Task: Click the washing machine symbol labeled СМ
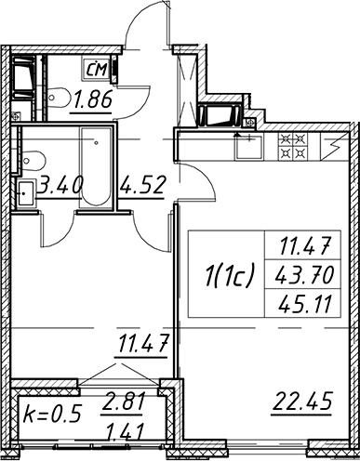coord(96,69)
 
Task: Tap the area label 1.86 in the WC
coord(92,100)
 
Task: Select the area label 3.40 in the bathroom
coord(60,185)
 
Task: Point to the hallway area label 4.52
coord(142,185)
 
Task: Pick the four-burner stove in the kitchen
coord(293,147)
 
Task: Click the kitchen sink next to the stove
coord(248,147)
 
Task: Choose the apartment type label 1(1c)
coord(229,273)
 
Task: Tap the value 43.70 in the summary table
coord(304,275)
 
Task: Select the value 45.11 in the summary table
coord(304,304)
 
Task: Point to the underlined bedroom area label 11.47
coord(142,343)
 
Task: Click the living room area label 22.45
coord(301,402)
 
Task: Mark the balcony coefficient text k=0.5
coord(52,415)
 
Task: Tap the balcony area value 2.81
coord(123,402)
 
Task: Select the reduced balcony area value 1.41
coord(125,430)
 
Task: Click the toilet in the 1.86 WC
coord(60,98)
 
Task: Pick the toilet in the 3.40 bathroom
coord(33,162)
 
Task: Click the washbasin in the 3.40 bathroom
coord(26,193)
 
